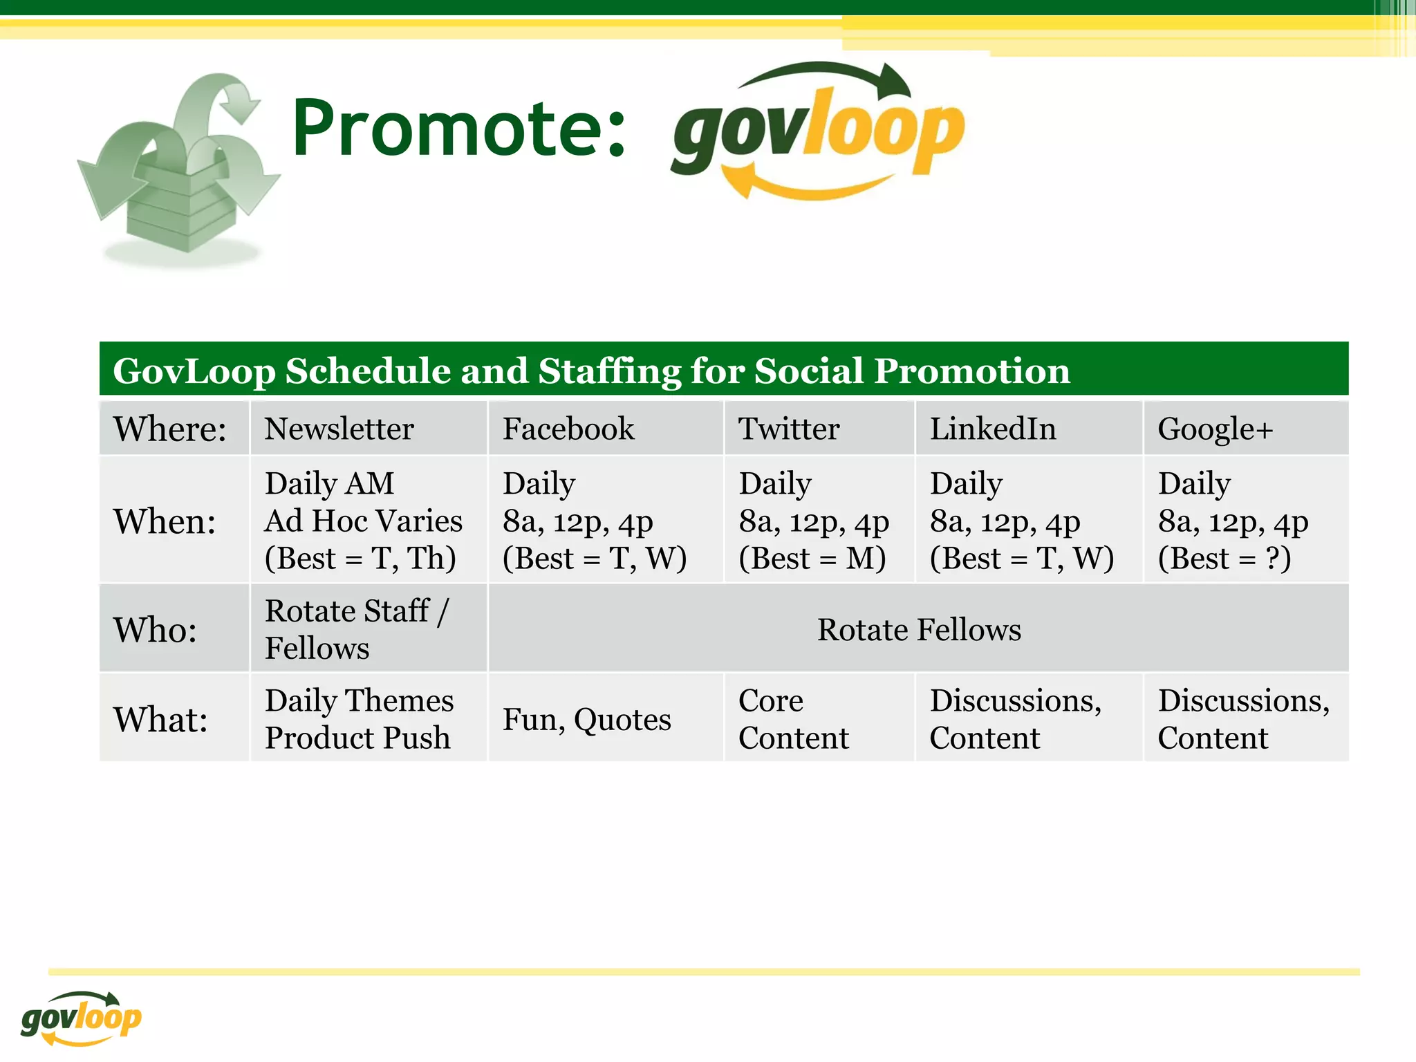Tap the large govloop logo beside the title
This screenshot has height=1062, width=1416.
pos(817,131)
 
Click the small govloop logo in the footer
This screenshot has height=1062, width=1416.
pos(81,1018)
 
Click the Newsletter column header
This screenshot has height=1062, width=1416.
pos(339,429)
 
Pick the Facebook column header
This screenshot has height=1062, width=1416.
pos(568,429)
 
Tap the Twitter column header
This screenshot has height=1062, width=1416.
pos(789,429)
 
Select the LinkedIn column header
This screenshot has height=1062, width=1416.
pos(993,429)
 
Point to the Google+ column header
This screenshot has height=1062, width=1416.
pos(1215,429)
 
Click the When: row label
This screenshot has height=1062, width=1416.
pos(165,521)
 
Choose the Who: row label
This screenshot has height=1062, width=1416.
pos(156,630)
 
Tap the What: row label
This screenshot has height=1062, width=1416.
pos(160,720)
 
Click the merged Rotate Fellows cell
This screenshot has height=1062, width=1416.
pos(919,630)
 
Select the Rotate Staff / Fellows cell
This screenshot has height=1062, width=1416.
pos(357,630)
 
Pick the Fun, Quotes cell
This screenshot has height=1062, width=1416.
pos(586,720)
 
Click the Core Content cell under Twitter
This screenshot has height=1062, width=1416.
pos(793,720)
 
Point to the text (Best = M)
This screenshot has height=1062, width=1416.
pos(812,559)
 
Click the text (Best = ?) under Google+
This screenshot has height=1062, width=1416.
pos(1224,559)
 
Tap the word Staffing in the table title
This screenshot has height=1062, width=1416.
pos(609,371)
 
